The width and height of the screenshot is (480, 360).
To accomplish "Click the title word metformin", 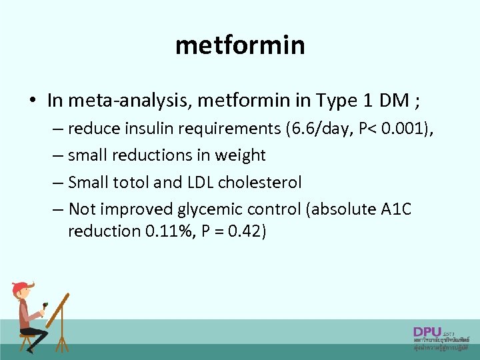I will (240, 45).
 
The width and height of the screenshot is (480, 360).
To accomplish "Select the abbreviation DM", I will (395, 101).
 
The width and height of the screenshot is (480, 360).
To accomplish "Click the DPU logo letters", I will (427, 331).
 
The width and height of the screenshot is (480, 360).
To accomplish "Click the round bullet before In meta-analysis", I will (32, 101).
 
